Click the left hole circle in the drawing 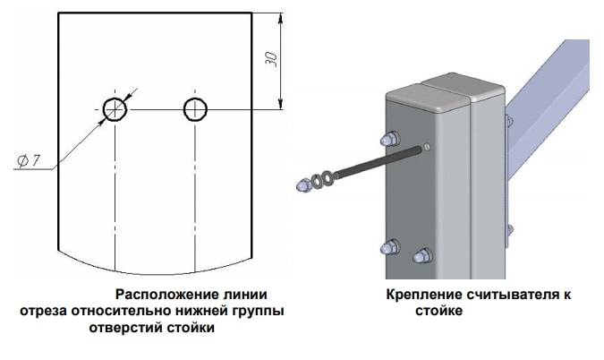click(x=115, y=109)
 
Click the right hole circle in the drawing click(x=195, y=109)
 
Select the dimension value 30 click(x=271, y=59)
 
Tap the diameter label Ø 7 click(x=29, y=160)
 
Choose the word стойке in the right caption click(x=438, y=312)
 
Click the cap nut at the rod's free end click(x=302, y=185)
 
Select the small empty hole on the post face click(x=427, y=147)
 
